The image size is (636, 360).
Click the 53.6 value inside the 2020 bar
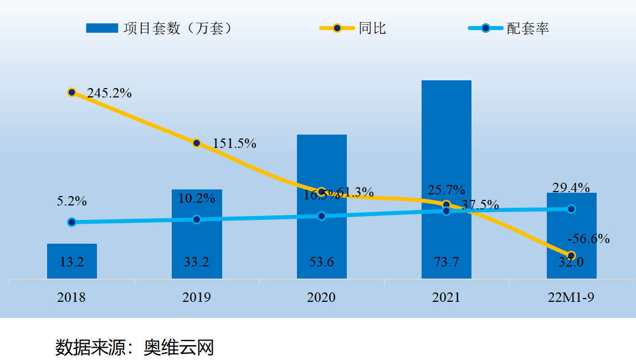(x=321, y=262)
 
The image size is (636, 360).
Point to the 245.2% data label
(x=109, y=93)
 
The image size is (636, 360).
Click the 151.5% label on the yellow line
(x=234, y=143)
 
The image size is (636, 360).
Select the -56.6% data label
(x=588, y=239)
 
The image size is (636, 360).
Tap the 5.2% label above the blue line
(x=71, y=201)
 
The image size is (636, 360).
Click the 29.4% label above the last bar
(x=571, y=187)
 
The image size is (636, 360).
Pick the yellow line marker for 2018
(x=71, y=92)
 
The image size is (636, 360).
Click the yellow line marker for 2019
(x=197, y=143)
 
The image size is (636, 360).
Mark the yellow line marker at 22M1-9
(x=571, y=256)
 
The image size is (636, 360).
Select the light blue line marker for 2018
(x=71, y=222)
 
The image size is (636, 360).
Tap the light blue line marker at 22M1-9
(x=571, y=209)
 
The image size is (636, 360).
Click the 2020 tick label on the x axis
(x=321, y=297)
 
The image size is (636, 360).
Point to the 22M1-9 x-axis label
(x=571, y=297)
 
